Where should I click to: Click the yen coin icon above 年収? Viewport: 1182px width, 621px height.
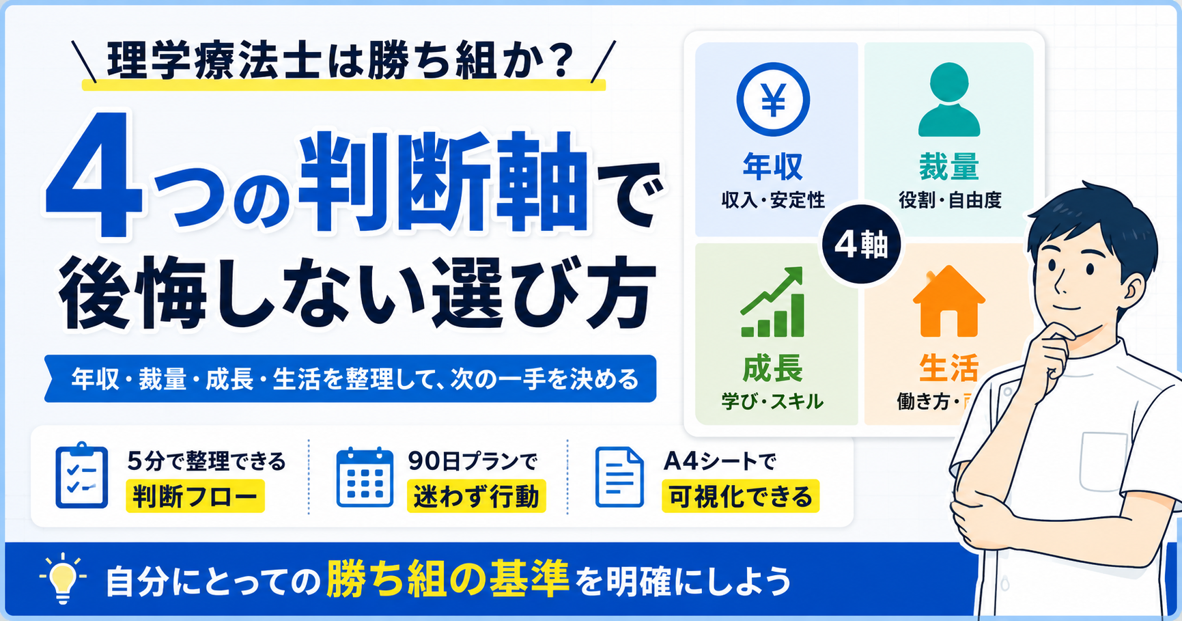coord(773,100)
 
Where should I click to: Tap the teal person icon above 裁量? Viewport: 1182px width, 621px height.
coord(949,100)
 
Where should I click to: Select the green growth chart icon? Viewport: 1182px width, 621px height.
coord(773,302)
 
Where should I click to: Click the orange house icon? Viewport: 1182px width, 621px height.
coord(949,301)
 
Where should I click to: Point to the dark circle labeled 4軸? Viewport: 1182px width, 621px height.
coord(862,245)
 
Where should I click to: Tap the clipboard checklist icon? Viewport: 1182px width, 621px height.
coord(81,475)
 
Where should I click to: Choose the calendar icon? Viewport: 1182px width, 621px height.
coord(365,477)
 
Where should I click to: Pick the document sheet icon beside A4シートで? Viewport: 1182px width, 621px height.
coord(619,477)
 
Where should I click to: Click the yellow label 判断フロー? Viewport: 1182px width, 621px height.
coord(195,496)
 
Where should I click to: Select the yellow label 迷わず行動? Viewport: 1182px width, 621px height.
coord(476,496)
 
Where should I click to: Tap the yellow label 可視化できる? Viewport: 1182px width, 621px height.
coord(740,496)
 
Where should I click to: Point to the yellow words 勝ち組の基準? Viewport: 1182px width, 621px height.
coord(448,579)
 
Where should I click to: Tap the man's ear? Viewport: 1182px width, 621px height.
coord(1130,292)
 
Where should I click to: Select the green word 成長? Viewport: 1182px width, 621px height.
coord(772,368)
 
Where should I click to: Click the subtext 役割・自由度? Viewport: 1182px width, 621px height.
coord(950,200)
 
